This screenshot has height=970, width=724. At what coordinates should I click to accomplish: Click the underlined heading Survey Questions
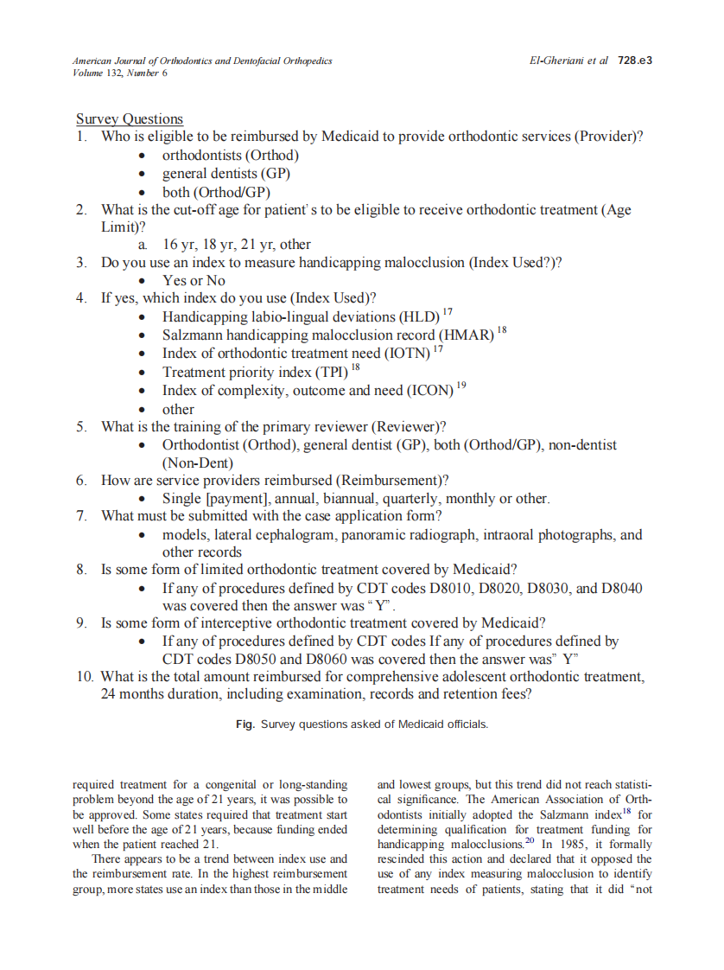[x=130, y=119]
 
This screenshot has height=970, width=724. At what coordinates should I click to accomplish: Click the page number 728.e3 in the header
[x=634, y=61]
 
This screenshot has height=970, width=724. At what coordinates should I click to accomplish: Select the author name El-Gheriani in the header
[x=556, y=61]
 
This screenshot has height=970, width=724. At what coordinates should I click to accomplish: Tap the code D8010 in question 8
[x=446, y=589]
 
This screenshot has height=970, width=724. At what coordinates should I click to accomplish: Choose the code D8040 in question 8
[x=619, y=589]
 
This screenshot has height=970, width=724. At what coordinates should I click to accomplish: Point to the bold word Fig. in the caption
[x=245, y=724]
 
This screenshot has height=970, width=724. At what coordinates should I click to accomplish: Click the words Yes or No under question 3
[x=194, y=281]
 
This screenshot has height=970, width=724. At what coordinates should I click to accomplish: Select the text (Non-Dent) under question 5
[x=198, y=463]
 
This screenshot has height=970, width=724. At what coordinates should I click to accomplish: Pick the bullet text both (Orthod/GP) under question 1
[x=216, y=192]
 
